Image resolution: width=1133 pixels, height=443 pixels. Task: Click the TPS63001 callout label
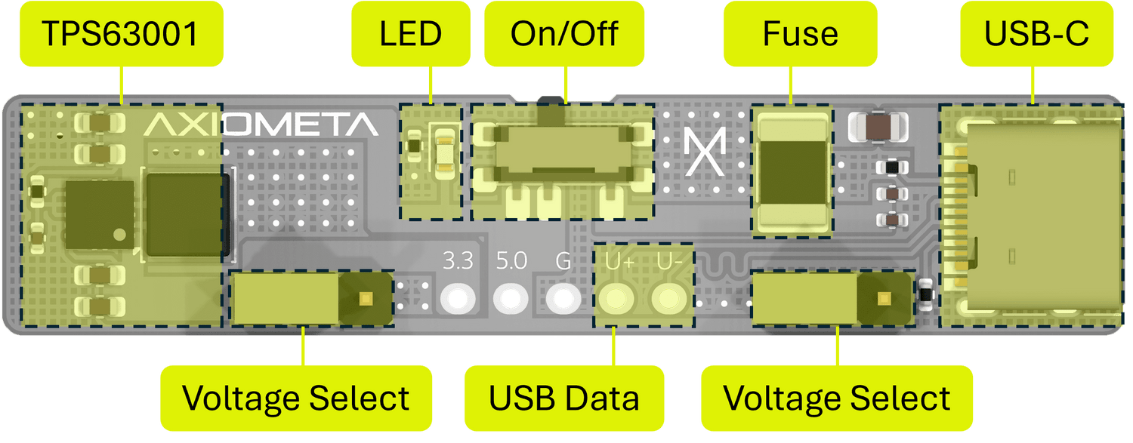(x=122, y=34)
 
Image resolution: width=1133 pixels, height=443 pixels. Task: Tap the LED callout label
(x=411, y=34)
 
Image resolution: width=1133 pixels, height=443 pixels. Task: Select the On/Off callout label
(x=564, y=34)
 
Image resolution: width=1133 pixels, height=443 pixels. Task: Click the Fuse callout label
(x=800, y=34)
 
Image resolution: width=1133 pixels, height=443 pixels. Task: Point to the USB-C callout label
(x=1036, y=34)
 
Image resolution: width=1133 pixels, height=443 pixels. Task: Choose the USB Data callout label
(x=564, y=398)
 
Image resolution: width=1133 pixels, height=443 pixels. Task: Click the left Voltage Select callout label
(x=296, y=398)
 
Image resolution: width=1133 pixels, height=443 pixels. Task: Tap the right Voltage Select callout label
(x=837, y=398)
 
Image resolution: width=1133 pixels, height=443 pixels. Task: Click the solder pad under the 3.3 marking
(x=458, y=299)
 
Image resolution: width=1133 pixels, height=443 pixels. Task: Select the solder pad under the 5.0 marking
(x=511, y=299)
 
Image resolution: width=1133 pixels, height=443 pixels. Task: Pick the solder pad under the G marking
(x=563, y=299)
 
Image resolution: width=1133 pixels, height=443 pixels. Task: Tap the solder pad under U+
(x=616, y=299)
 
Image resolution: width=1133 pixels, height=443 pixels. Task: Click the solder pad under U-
(x=668, y=299)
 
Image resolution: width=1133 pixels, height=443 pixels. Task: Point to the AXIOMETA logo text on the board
(x=261, y=125)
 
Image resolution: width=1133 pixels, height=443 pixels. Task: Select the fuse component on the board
(x=792, y=172)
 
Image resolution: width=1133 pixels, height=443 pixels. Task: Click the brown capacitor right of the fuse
(x=878, y=126)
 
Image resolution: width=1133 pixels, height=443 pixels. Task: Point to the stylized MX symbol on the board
(x=705, y=151)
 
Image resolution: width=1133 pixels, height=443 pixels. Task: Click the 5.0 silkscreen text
(x=511, y=260)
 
